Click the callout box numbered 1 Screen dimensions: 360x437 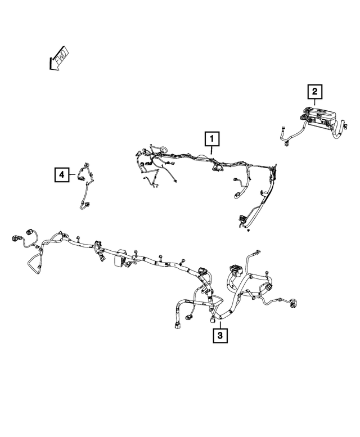click(212, 139)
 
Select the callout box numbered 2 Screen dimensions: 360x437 click(315, 92)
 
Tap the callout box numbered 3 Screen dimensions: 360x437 click(220, 336)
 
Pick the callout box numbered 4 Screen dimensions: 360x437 click(61, 175)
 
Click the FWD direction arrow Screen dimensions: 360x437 click(58, 59)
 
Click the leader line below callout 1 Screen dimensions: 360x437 click(211, 150)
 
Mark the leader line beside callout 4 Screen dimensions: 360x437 click(72, 175)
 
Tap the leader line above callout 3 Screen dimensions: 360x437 click(220, 325)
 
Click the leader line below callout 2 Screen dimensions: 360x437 click(315, 102)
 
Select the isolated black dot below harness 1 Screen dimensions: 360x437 click(249, 230)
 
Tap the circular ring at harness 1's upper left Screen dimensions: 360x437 click(164, 150)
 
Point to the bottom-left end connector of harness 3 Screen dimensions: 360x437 click(177, 325)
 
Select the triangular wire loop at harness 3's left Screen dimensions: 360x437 click(34, 263)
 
